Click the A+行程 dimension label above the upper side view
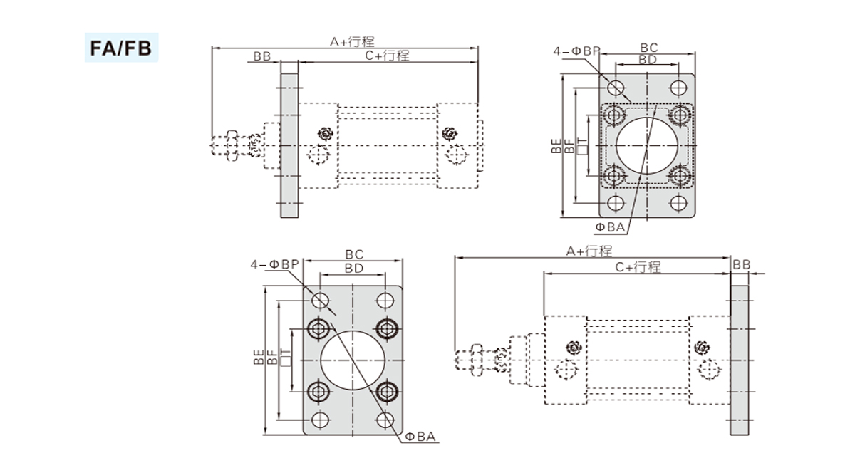coord(352,42)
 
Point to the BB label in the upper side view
coord(261,56)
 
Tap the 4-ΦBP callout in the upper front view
coord(576,51)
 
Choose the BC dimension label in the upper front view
coord(648,48)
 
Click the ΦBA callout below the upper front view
coord(610,227)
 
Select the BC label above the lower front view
coord(354,254)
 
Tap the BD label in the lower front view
coord(354,268)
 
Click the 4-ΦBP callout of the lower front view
coord(274,264)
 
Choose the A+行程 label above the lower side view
coord(589,251)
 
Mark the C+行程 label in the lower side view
coord(638,266)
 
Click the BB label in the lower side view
coord(741,264)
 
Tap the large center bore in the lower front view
coord(353,360)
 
